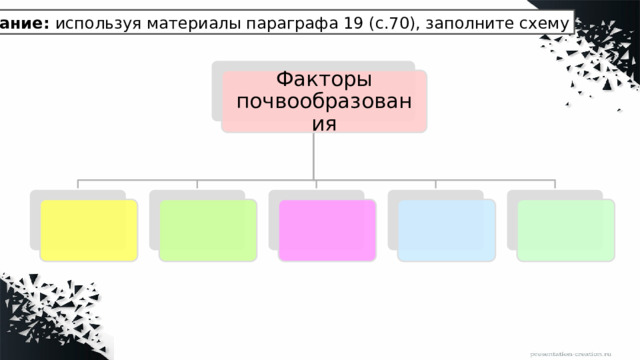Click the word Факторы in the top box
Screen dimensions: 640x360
click(324, 79)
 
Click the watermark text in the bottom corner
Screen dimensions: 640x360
click(586, 354)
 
